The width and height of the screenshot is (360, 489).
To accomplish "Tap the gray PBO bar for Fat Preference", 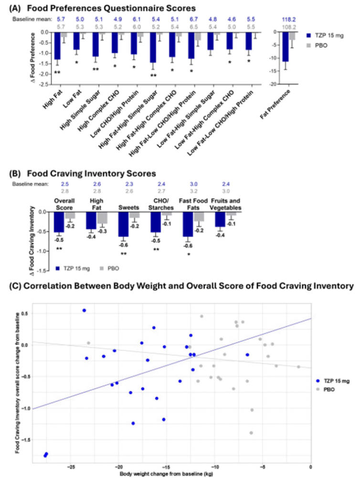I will point(292,36).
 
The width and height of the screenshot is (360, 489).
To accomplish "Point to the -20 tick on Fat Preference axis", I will point(271,85).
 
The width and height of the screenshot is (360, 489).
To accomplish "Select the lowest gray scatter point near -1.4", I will point(251,433).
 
